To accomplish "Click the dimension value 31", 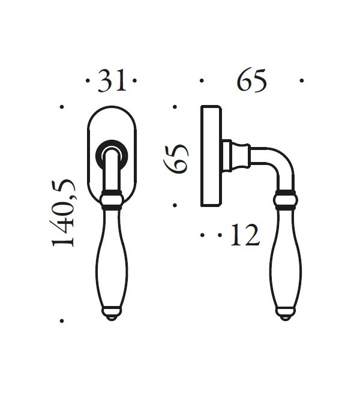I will (x=112, y=80).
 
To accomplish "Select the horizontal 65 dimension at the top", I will (x=251, y=80).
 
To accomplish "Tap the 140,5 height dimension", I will (x=64, y=213).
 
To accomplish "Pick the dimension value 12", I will (x=245, y=235).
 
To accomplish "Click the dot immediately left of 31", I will (x=88, y=80).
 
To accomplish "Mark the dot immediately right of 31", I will (x=136, y=80).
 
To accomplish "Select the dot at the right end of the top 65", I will (x=301, y=80).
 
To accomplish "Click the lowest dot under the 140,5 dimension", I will (x=62, y=321).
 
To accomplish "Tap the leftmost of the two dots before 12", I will (x=202, y=235).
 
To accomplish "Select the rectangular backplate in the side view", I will (x=209, y=157).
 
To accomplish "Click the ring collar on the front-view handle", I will (x=112, y=200).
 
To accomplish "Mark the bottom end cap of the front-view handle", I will (x=112, y=313).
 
